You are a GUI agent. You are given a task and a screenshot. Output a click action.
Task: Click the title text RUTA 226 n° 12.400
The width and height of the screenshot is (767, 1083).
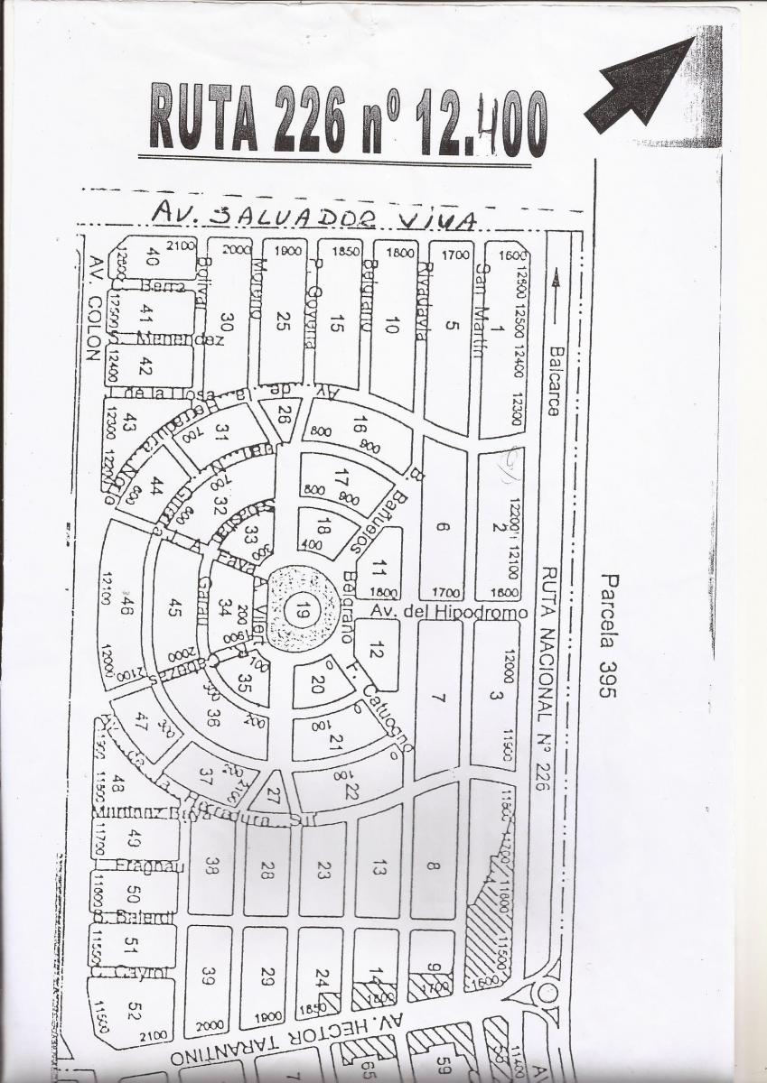pyautogui.click(x=348, y=118)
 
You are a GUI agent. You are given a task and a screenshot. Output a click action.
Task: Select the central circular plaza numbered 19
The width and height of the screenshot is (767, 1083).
pyautogui.click(x=299, y=610)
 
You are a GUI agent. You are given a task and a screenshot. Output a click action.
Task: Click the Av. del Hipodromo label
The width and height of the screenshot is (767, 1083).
pyautogui.click(x=449, y=612)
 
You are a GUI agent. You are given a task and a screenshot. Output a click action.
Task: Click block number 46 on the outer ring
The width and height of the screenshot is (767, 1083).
pyautogui.click(x=125, y=606)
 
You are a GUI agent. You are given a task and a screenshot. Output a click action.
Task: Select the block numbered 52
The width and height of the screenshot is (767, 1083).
pyautogui.click(x=133, y=1012)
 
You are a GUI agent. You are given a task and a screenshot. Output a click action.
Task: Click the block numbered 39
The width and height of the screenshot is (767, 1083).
pyautogui.click(x=209, y=977)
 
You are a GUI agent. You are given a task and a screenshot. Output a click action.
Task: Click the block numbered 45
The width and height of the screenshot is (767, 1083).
pyautogui.click(x=174, y=607)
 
